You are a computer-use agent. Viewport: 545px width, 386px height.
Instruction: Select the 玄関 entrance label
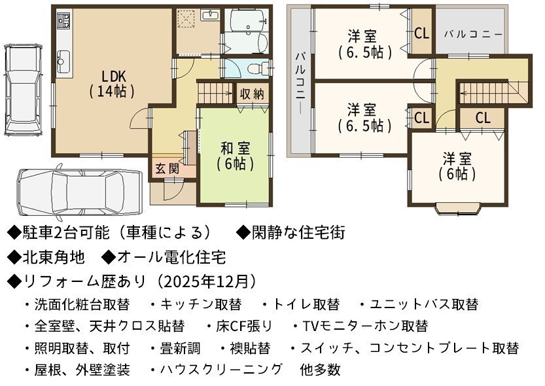click(x=167, y=169)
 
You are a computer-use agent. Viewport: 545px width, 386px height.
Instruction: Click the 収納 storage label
click(x=253, y=94)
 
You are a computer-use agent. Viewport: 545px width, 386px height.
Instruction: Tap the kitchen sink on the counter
click(x=63, y=61)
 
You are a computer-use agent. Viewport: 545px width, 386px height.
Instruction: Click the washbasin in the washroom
click(x=210, y=15)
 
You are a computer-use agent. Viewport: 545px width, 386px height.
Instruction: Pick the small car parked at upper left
click(x=23, y=90)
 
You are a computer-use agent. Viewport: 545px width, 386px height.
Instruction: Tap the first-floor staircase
click(x=215, y=92)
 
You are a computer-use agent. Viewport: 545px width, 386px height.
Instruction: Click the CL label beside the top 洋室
click(x=422, y=33)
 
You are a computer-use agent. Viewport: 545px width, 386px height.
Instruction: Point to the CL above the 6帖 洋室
click(x=483, y=118)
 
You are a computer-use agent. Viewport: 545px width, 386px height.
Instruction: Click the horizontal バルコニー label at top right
click(x=473, y=35)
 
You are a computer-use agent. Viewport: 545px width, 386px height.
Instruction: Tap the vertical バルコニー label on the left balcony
click(x=301, y=83)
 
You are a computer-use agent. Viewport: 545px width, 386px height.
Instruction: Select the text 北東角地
click(x=54, y=258)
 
